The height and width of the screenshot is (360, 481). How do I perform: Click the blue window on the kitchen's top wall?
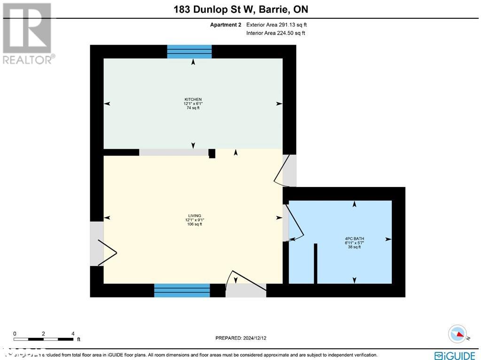[189, 52]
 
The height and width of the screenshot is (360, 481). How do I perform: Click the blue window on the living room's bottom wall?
[182, 290]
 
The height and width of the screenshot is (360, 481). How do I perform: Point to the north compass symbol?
[458, 334]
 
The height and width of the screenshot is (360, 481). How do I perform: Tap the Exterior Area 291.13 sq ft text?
[276, 25]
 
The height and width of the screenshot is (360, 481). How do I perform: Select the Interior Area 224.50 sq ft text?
[275, 33]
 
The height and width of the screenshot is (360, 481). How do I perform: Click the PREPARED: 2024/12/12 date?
[240, 338]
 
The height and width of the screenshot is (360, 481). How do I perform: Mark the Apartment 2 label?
[225, 25]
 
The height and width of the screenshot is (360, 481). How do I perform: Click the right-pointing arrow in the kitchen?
[279, 104]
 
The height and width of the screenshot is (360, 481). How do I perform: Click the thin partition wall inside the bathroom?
[316, 264]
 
